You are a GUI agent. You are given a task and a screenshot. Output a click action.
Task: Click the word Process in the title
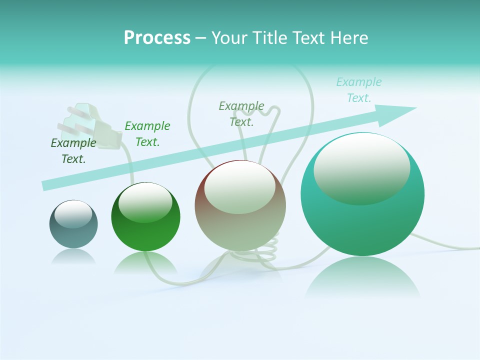click(x=157, y=38)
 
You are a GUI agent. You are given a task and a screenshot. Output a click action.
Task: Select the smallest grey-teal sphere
click(x=73, y=224)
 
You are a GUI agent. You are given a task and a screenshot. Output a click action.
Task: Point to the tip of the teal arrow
click(x=415, y=108)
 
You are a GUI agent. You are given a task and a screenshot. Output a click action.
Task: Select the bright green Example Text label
click(x=147, y=133)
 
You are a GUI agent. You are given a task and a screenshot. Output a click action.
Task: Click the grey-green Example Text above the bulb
click(x=241, y=113)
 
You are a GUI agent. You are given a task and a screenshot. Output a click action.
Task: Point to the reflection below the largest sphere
click(x=362, y=280)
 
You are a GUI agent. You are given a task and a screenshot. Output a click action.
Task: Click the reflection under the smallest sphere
click(x=73, y=257)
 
